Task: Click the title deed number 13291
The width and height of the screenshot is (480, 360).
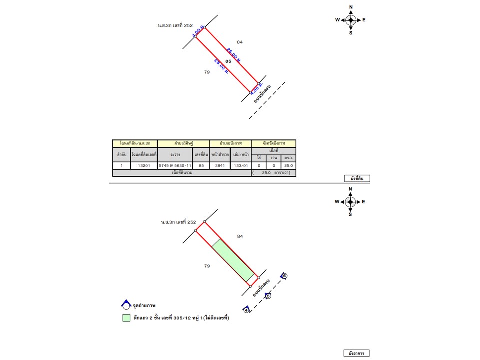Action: coord(144,165)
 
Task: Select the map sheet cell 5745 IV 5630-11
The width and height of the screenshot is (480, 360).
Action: coord(175,165)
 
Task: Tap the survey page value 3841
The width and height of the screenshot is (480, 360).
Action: coord(220,165)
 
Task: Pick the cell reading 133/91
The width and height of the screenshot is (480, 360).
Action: coord(241,165)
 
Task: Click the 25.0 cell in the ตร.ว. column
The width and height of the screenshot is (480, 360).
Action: coord(288,165)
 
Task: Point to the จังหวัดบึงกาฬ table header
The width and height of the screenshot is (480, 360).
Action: coord(273,143)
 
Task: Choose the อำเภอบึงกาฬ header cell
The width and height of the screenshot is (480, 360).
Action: coord(230,143)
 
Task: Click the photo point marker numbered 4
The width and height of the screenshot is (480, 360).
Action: coord(246,310)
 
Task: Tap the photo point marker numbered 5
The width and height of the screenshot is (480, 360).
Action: coord(268,296)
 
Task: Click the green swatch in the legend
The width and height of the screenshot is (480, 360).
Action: coord(126,318)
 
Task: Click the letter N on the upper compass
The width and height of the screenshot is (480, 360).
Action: coord(351,7)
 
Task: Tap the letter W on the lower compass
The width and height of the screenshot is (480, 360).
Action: coord(338,202)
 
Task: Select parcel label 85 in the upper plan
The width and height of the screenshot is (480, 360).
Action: coord(228,61)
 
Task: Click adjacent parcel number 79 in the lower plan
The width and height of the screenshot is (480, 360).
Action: coord(207,266)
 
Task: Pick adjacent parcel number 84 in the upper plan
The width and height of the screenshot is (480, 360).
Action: coord(240,42)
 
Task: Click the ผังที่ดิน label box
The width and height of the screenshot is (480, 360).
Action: coord(357,178)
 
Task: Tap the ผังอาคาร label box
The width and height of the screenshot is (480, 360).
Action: coord(357,353)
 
